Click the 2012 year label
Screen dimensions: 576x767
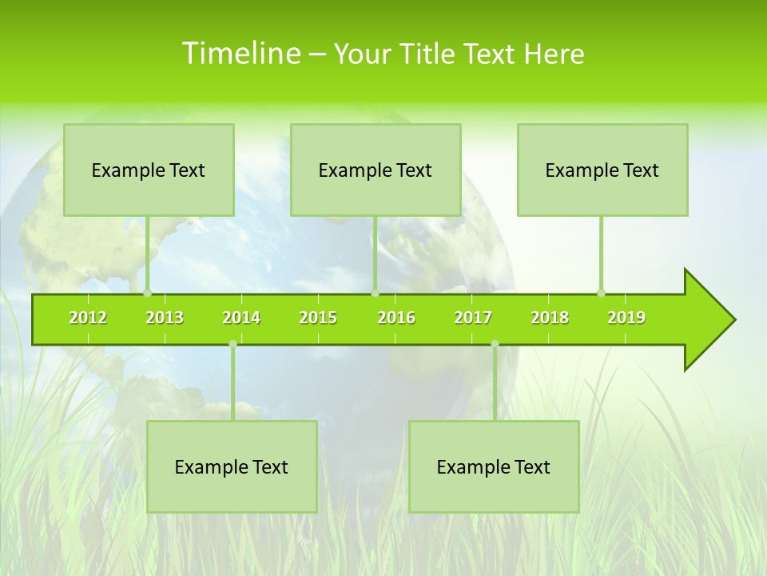click(88, 318)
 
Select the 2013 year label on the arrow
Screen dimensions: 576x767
click(165, 318)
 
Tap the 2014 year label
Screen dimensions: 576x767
click(241, 318)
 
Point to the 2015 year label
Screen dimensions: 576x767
click(318, 318)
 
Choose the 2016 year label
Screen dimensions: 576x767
click(396, 318)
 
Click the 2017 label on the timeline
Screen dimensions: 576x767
click(473, 318)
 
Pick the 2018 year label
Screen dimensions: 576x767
click(550, 318)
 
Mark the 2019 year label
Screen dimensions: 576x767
click(626, 318)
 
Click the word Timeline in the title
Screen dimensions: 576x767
click(240, 54)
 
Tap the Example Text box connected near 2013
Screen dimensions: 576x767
click(149, 170)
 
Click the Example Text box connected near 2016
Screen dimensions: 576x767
click(376, 170)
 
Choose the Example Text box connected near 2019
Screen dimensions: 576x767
click(602, 170)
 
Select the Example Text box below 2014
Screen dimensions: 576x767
click(232, 466)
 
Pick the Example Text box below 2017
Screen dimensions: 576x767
click(494, 466)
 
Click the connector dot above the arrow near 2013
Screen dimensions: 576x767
click(147, 293)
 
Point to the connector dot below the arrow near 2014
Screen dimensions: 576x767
click(232, 344)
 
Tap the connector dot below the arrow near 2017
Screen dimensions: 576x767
click(495, 344)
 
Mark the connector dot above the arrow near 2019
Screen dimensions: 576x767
click(601, 293)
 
